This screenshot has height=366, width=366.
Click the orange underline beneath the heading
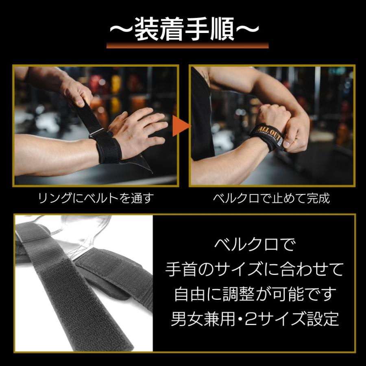(187, 46)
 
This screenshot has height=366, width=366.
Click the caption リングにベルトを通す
(96, 198)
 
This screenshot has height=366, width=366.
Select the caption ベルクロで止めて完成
(271, 198)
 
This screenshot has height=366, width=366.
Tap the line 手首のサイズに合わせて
(255, 269)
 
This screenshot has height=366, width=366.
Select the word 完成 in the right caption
(318, 198)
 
